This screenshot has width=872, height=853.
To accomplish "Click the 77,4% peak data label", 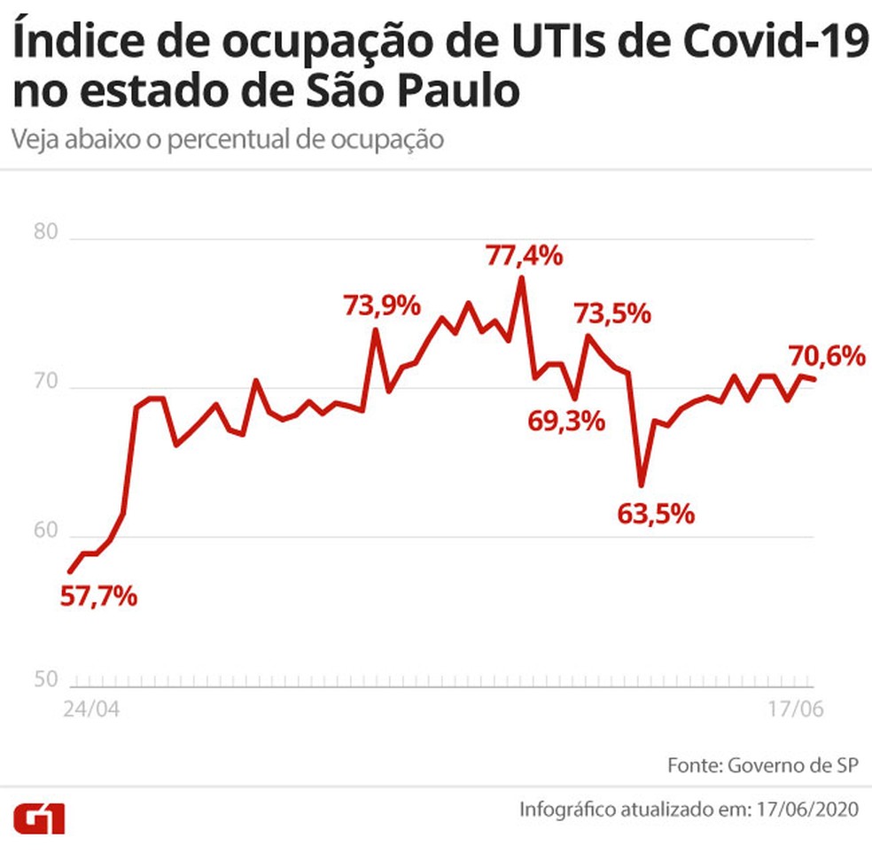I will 524,256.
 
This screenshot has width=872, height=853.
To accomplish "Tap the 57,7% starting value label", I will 98,596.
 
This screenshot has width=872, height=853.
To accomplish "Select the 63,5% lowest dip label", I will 655,514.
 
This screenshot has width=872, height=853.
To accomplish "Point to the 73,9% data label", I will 381,306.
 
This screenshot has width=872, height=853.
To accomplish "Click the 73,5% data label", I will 612,314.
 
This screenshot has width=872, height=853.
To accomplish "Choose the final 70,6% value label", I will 826,356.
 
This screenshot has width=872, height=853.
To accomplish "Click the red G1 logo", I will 38,819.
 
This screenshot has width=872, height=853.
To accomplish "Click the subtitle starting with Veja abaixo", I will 228,140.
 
